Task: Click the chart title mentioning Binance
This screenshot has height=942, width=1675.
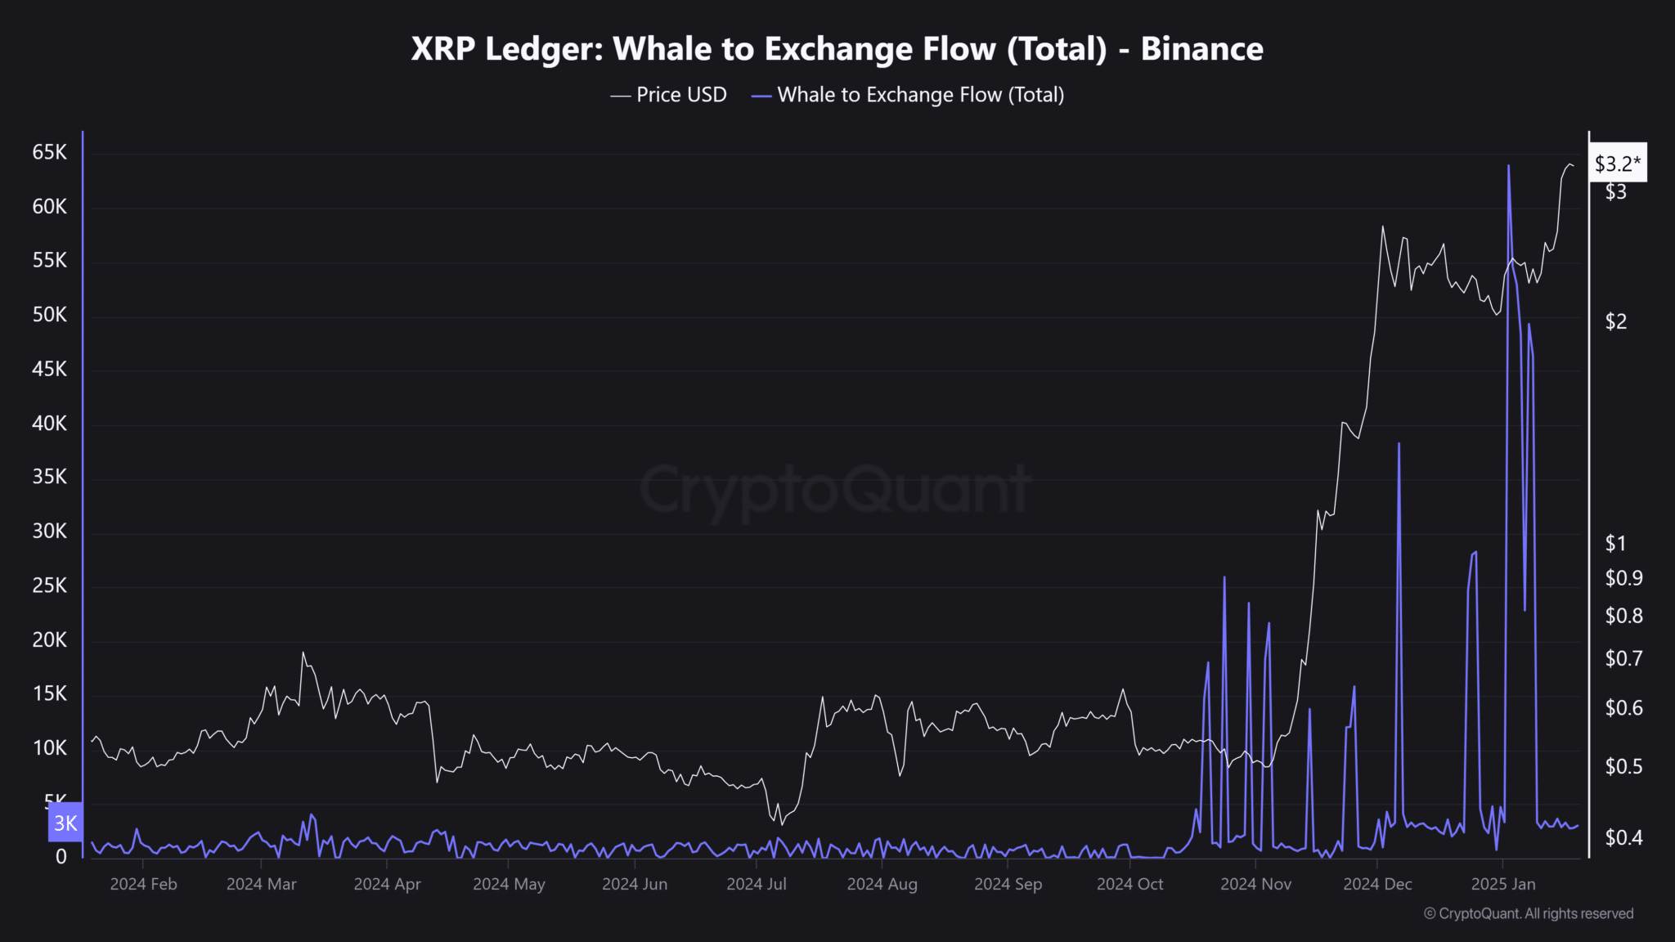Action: pos(837,49)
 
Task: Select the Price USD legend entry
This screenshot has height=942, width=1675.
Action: pos(669,95)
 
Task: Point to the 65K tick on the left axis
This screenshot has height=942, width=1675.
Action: pos(50,153)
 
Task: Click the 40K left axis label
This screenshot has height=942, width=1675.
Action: pos(50,424)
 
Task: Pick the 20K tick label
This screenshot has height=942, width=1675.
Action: pos(50,640)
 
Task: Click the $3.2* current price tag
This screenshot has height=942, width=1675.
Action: pos(1617,164)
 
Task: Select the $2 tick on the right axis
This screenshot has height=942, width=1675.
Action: pos(1616,321)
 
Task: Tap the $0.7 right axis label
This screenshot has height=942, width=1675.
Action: pos(1623,658)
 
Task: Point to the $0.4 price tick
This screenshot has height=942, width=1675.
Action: pos(1623,837)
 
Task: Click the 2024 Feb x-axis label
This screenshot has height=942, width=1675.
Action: pos(143,884)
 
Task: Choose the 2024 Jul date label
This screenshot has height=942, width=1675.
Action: pos(757,884)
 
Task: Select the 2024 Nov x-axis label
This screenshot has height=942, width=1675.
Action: pos(1255,884)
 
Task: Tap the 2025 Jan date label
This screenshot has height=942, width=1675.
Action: pos(1503,884)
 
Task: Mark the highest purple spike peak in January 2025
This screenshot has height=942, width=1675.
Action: pos(1508,166)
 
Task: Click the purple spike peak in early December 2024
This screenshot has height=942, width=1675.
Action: pos(1399,444)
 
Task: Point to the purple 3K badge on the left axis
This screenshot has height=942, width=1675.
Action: pos(65,823)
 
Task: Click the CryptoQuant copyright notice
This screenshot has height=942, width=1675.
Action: pos(1529,913)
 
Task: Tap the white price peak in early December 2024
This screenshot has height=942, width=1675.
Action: pos(1383,227)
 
